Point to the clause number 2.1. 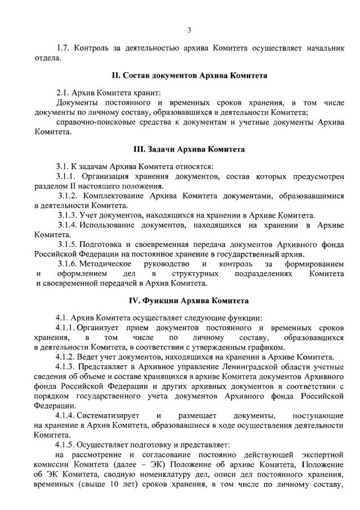click(x=64, y=92)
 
